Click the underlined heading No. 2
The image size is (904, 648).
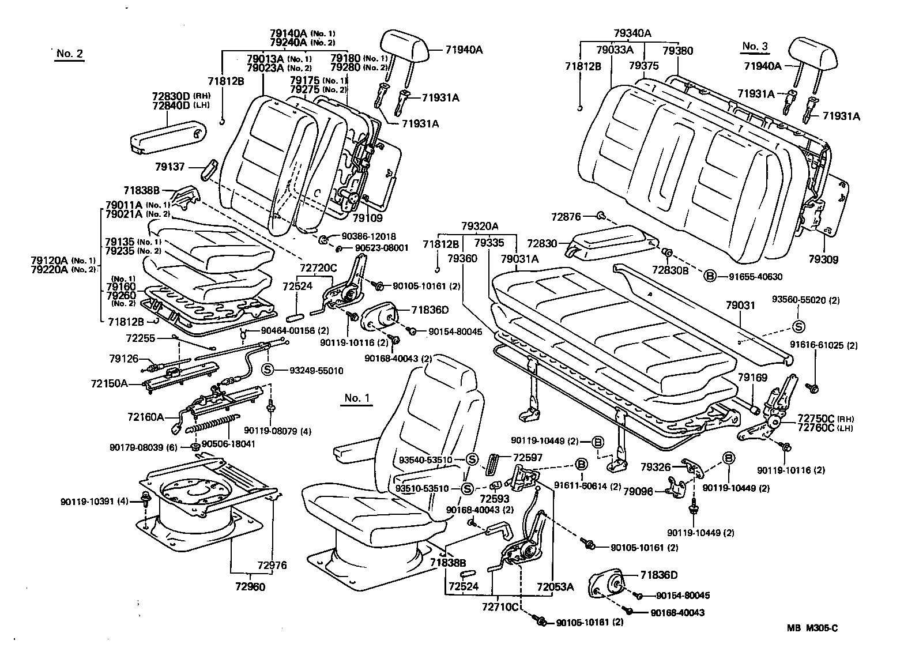pos(70,54)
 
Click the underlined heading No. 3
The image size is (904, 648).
pos(755,46)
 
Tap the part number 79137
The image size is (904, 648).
pos(170,167)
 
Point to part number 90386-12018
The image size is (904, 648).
pos(368,236)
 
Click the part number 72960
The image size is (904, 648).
pos(249,587)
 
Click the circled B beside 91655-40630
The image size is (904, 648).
pos(710,276)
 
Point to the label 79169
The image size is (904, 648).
pos(752,378)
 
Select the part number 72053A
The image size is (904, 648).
pos(555,587)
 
